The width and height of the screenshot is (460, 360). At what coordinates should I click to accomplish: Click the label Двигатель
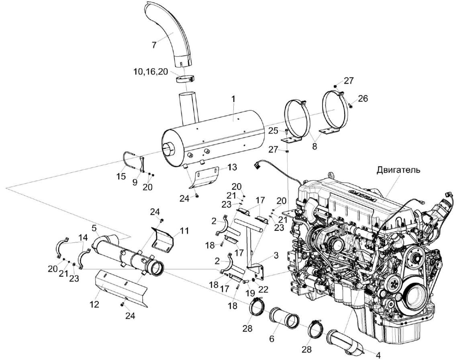(399, 169)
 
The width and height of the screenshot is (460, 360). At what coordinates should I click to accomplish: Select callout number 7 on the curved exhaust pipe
(154, 45)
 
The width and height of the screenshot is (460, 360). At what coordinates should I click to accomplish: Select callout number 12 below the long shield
(94, 305)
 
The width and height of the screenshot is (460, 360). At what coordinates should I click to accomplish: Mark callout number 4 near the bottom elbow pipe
(377, 355)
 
